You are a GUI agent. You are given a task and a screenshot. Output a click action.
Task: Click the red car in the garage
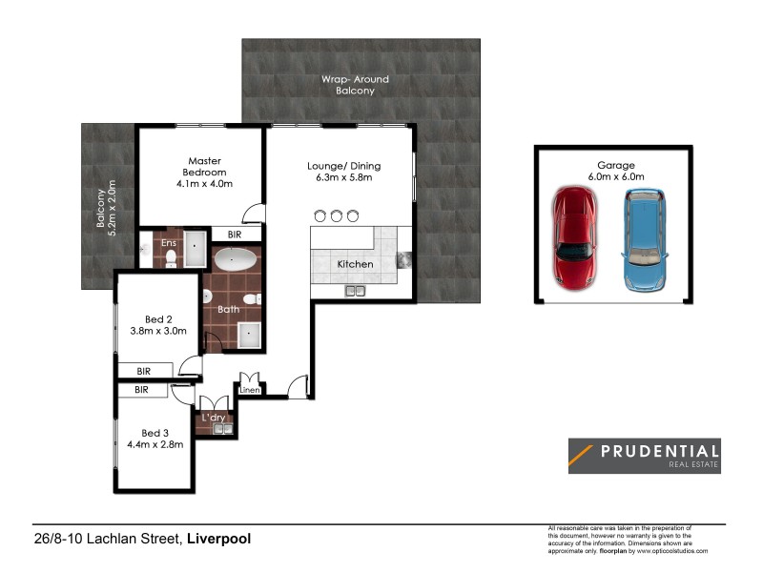tap(575, 238)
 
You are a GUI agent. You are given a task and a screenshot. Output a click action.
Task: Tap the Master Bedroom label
tap(205, 166)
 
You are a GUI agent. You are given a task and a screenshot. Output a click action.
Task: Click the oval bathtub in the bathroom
tap(233, 261)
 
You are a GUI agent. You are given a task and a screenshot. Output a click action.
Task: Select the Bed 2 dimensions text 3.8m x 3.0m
tap(159, 331)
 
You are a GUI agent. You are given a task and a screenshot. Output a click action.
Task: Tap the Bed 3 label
tap(156, 433)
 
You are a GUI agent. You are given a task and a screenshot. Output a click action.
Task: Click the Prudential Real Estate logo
tap(644, 456)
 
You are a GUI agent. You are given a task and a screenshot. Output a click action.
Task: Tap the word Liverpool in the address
tap(218, 539)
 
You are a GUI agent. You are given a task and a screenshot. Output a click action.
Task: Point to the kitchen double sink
tap(357, 290)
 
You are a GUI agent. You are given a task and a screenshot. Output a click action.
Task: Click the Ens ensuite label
tap(169, 243)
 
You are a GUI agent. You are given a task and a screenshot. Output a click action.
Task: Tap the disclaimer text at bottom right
tap(628, 539)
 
